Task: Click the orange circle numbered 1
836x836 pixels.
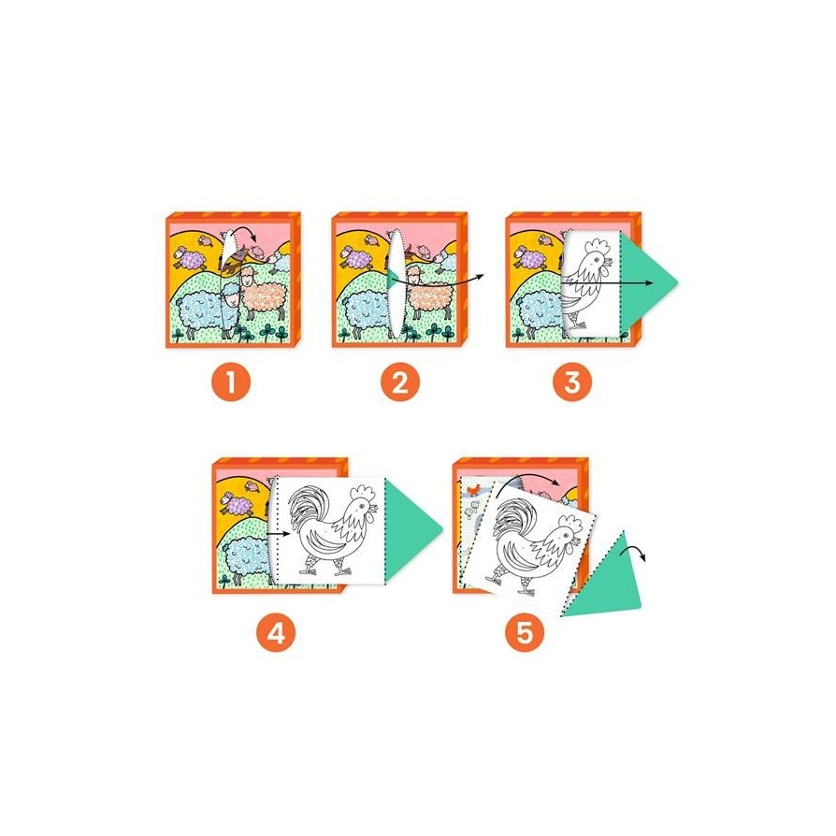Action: (x=231, y=382)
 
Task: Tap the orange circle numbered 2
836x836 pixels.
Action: (x=400, y=382)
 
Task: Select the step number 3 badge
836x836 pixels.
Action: (x=572, y=382)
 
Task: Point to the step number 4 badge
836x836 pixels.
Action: (x=276, y=633)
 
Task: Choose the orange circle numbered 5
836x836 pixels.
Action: (x=526, y=633)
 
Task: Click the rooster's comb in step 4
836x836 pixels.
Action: (x=366, y=492)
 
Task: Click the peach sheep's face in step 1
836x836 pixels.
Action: (x=249, y=276)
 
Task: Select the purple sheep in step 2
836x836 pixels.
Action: (x=355, y=258)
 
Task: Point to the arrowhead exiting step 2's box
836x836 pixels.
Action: (x=480, y=276)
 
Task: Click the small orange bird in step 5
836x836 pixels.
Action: (x=472, y=488)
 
